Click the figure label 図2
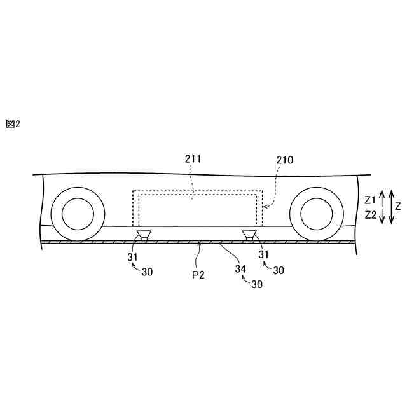(x=13, y=124)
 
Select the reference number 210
(x=285, y=160)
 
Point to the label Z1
(x=371, y=200)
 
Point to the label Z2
(x=371, y=215)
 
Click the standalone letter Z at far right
(x=398, y=206)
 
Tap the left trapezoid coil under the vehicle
(x=144, y=236)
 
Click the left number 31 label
(x=132, y=257)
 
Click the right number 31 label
(x=262, y=254)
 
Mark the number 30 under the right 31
(x=278, y=271)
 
